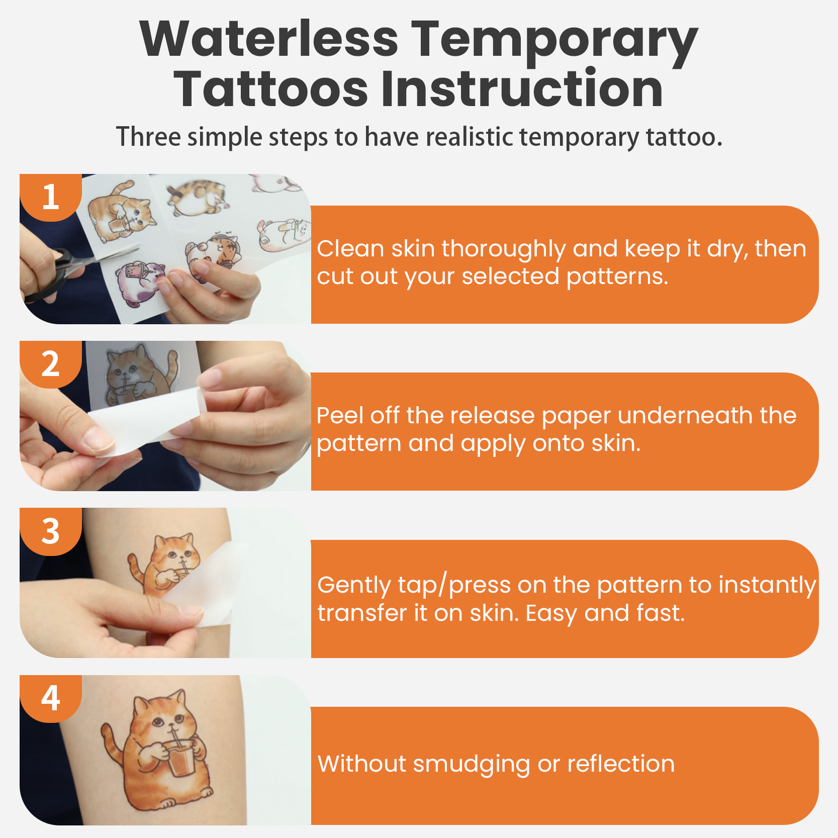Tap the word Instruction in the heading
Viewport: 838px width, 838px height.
coord(522,89)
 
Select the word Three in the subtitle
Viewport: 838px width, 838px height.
coord(148,137)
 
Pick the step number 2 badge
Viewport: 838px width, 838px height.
coord(50,364)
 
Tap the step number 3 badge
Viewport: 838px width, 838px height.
coord(50,531)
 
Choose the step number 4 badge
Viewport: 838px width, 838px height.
coord(50,698)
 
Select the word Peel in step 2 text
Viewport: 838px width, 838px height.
coord(340,415)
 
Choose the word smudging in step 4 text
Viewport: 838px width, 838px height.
coord(472,765)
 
